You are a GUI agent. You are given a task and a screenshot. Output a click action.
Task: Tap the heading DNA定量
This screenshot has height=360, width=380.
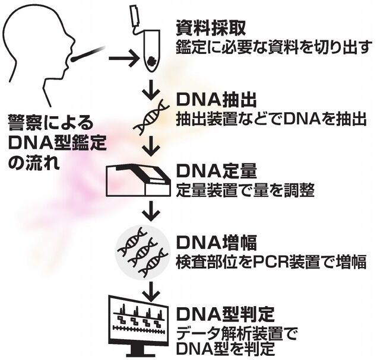pos(216,171)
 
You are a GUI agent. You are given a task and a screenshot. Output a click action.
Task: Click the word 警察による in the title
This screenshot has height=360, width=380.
pos(50,123)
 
